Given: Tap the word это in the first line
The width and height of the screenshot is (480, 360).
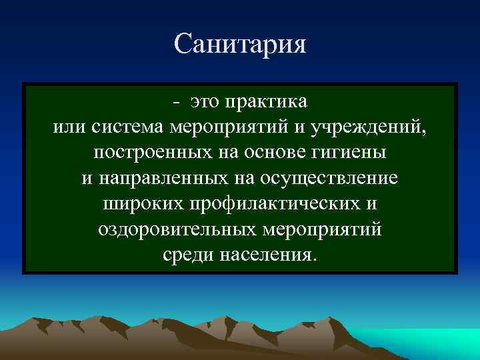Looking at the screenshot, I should coord(205,102).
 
